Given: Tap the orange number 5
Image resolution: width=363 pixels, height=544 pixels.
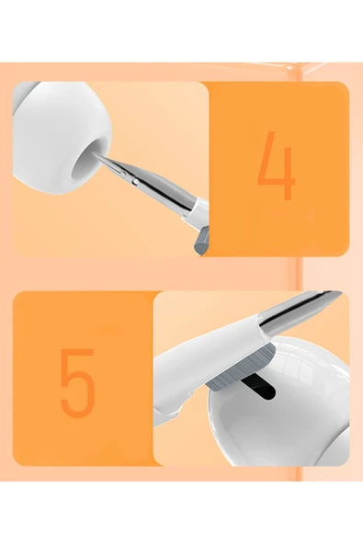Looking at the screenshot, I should tap(77, 380).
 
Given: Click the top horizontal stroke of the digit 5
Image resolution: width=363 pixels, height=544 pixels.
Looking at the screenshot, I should tap(79, 352).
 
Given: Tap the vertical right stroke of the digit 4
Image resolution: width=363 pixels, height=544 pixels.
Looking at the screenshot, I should tap(288, 165).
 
